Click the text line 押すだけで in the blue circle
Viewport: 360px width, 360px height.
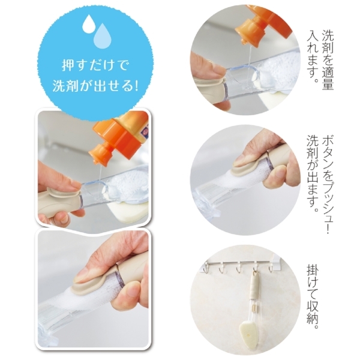tap(95, 64)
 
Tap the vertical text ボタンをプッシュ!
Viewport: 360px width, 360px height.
tap(328, 171)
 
